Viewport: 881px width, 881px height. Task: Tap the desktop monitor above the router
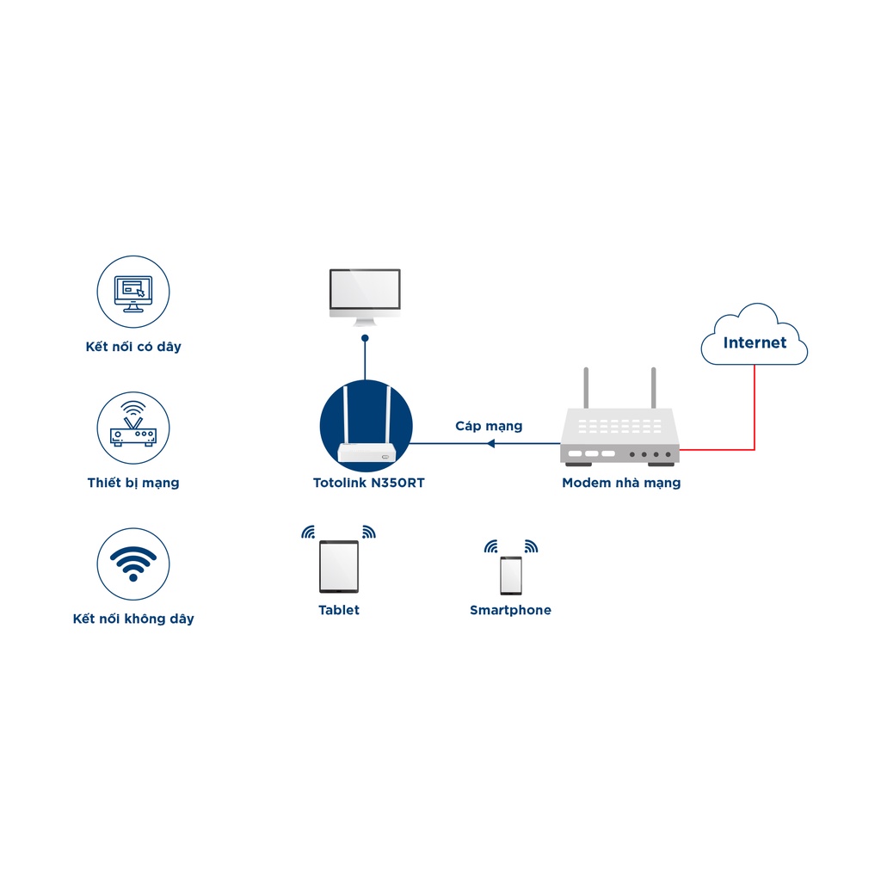click(x=365, y=297)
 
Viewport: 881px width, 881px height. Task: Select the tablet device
click(x=339, y=566)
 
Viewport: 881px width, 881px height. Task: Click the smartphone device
click(x=511, y=576)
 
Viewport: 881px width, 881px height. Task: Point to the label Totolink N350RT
click(x=368, y=483)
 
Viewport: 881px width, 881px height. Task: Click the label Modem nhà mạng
click(x=621, y=484)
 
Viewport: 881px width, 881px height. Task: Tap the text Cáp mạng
click(x=489, y=427)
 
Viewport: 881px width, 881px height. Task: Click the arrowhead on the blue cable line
click(x=490, y=443)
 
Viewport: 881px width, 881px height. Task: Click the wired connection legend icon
click(x=133, y=292)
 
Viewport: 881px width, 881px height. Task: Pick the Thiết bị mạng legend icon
click(x=133, y=428)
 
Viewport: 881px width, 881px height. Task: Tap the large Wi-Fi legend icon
click(x=133, y=564)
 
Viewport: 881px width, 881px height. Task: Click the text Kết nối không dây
click(x=133, y=619)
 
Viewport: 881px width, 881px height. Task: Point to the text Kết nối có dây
click(x=133, y=347)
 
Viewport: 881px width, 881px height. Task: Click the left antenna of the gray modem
click(x=586, y=388)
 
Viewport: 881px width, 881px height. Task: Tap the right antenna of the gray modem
click(x=654, y=388)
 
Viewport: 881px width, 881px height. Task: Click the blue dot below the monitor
click(x=365, y=338)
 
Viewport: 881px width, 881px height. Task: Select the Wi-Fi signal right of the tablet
click(x=368, y=532)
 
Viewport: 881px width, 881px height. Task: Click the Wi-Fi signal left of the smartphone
click(x=491, y=546)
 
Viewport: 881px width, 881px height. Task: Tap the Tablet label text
click(x=339, y=610)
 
